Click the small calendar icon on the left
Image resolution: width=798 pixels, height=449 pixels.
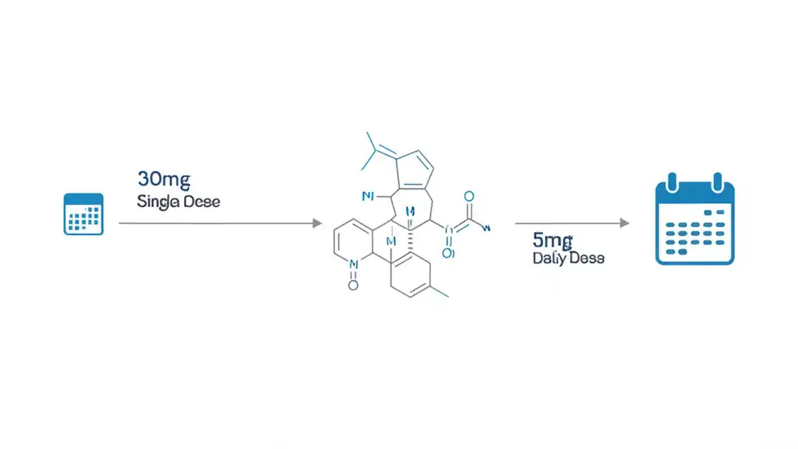[84, 214]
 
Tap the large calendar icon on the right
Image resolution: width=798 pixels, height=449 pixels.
[695, 221]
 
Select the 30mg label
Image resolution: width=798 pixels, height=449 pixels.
[163, 179]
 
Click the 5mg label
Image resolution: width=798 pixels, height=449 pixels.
[552, 240]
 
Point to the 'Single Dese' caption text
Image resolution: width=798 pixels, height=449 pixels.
[178, 201]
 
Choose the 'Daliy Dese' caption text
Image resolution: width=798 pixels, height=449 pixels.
[568, 258]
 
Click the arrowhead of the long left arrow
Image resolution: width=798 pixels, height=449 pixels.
[317, 223]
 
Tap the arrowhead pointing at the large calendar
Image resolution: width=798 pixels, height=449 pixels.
[624, 223]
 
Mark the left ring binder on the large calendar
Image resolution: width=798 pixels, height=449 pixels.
[672, 182]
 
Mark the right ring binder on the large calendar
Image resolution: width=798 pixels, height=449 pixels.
[718, 182]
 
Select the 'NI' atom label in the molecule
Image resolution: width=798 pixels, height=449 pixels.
[368, 196]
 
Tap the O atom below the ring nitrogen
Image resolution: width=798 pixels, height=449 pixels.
[353, 286]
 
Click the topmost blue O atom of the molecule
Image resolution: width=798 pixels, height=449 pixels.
[469, 197]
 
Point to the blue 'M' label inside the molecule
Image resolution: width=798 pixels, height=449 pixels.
[392, 241]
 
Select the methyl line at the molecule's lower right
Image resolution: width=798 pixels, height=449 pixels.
[439, 292]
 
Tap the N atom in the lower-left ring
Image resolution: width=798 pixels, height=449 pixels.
[353, 264]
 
